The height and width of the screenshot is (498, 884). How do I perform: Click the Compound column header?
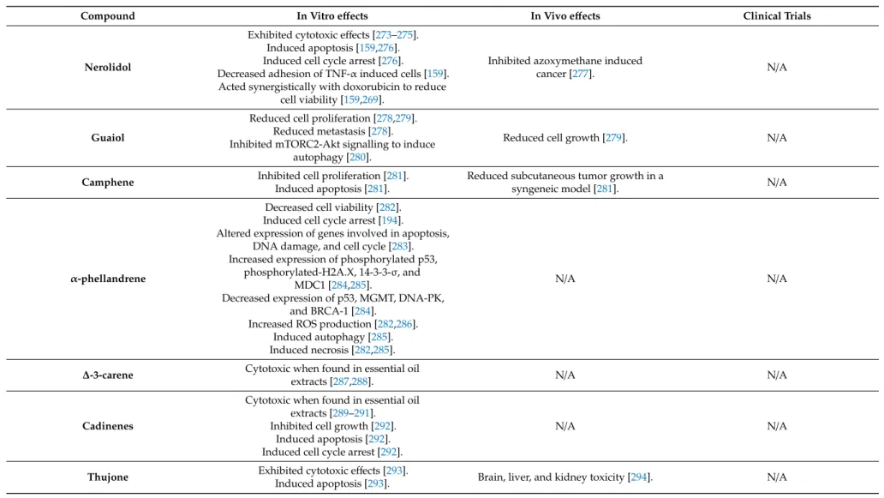coord(108,15)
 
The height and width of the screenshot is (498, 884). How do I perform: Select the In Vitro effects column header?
coord(332,15)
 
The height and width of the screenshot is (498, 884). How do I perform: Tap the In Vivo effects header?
coord(564,15)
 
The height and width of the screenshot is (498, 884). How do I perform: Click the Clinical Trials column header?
coord(777,15)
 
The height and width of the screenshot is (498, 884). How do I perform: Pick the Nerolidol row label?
coord(108,67)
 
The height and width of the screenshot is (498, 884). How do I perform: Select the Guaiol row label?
coord(108,138)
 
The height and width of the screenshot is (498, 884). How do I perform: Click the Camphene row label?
coord(108,183)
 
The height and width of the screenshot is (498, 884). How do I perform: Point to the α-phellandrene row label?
coord(108,279)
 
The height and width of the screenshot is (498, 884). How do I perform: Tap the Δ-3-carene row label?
coord(108,375)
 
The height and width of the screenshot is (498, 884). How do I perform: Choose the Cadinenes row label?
coord(108,426)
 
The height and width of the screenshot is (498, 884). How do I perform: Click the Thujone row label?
coord(108,477)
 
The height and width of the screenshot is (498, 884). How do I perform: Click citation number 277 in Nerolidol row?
coord(580,74)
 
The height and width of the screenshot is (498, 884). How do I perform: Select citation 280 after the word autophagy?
coord(357,158)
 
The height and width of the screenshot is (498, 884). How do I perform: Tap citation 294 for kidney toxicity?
coord(639,477)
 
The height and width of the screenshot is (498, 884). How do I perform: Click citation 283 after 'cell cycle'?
coord(400,247)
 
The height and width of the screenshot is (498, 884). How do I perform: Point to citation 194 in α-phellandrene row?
coord(390,220)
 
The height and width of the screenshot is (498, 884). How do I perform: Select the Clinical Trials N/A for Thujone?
coord(777,477)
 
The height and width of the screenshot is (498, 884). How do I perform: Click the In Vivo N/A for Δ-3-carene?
coord(564,375)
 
